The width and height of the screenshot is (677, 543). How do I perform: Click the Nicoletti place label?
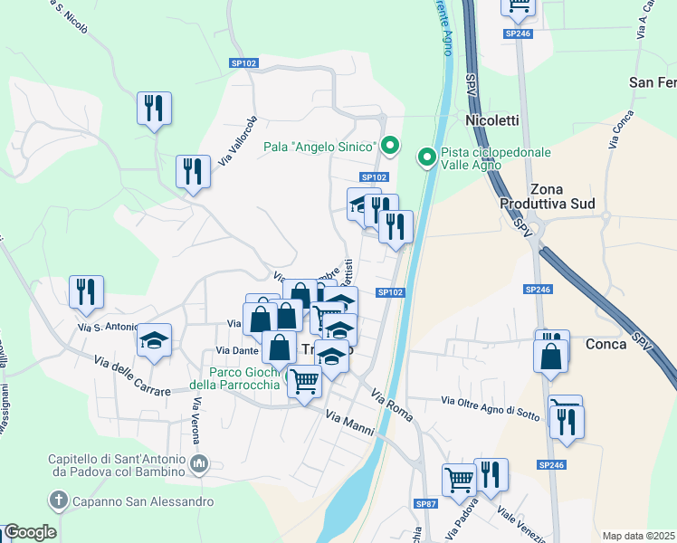click(x=491, y=119)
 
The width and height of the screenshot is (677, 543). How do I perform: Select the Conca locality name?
click(x=605, y=344)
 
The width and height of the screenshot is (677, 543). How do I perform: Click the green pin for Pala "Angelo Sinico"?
click(x=390, y=145)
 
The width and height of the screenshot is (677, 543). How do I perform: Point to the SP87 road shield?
click(x=425, y=503)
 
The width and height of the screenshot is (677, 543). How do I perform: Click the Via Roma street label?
click(x=391, y=404)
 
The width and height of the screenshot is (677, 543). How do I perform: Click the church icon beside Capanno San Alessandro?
click(x=58, y=500)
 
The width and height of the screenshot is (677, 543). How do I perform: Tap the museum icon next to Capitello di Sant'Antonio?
click(x=200, y=464)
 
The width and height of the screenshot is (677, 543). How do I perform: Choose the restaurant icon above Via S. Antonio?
click(x=87, y=291)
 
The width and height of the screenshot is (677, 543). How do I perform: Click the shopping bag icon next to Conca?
click(x=551, y=357)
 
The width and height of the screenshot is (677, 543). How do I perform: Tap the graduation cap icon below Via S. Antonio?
click(x=154, y=340)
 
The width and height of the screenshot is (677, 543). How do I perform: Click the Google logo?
click(x=30, y=532)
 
